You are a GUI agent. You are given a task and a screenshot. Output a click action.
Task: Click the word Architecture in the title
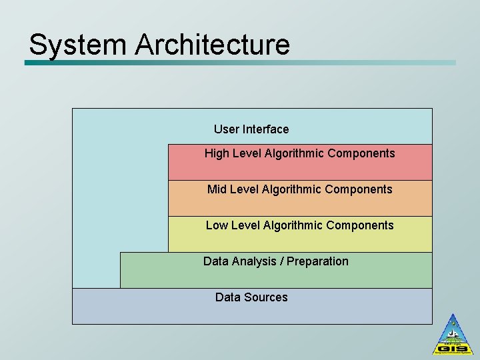(213, 45)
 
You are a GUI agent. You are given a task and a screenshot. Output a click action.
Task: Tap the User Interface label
(251, 129)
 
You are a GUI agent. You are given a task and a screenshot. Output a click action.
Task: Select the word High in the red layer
(217, 153)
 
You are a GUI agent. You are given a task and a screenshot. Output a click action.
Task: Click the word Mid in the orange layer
(217, 189)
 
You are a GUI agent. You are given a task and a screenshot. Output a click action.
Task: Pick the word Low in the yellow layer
(217, 225)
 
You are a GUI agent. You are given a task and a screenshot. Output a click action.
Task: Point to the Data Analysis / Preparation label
(275, 261)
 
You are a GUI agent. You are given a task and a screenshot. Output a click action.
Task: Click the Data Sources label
(251, 297)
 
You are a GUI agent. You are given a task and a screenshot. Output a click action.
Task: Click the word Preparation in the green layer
(317, 261)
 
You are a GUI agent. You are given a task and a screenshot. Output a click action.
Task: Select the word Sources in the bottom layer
(266, 297)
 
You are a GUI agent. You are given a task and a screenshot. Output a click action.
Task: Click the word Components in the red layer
(362, 153)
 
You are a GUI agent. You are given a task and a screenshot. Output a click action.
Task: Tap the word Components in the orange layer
(360, 189)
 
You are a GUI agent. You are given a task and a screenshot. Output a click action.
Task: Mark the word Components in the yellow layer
(361, 225)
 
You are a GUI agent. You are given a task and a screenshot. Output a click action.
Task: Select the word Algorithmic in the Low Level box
(294, 225)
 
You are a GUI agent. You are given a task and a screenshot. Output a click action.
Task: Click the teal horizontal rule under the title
(240, 63)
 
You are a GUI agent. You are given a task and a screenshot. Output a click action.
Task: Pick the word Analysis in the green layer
(253, 261)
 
